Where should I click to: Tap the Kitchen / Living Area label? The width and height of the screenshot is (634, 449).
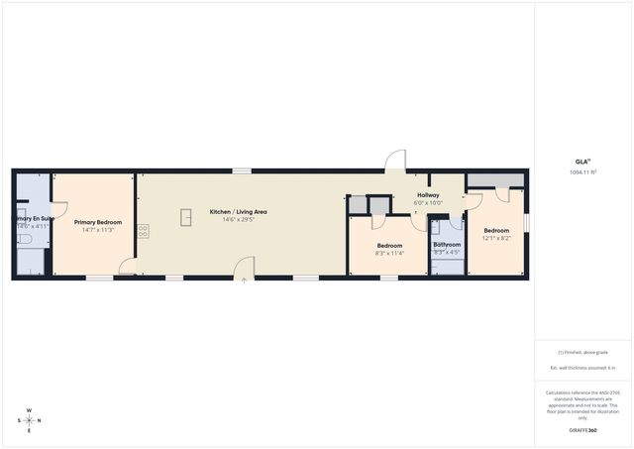[x=238, y=212]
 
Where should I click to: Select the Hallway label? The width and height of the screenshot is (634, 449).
[x=428, y=195]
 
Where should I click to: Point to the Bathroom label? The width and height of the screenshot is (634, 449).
[x=447, y=244]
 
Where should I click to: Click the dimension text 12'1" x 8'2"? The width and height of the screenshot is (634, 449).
[x=496, y=238]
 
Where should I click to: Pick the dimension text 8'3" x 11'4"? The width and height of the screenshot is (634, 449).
[x=389, y=253]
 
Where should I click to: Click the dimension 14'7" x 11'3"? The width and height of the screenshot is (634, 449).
[x=98, y=230]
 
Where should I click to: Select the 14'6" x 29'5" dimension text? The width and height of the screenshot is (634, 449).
[x=238, y=220]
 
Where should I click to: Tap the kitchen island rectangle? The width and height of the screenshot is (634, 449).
[x=185, y=217]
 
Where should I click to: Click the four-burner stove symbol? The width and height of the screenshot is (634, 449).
[x=144, y=230]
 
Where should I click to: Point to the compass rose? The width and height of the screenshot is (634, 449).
[x=30, y=419]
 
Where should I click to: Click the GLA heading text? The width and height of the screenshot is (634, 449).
[x=582, y=162]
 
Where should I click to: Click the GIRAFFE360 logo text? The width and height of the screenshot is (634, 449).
[x=582, y=430]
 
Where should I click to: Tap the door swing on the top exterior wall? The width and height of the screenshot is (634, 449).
[x=396, y=162]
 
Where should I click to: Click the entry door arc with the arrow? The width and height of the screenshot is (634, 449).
[x=245, y=268]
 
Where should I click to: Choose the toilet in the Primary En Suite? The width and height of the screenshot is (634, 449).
[x=26, y=239]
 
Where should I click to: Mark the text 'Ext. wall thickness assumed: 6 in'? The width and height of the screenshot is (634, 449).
[x=582, y=368]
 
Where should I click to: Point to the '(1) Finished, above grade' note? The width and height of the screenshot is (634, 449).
[x=582, y=352]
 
